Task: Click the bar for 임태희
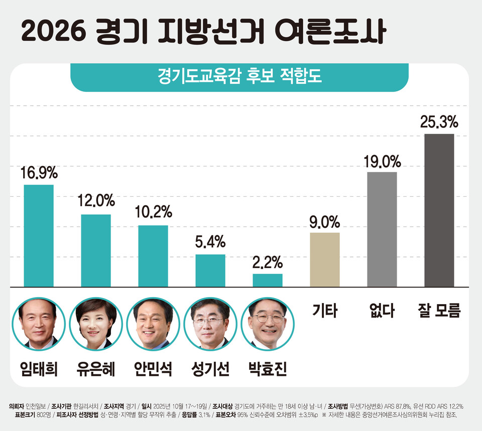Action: click(x=39, y=235)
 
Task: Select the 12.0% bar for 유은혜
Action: click(x=96, y=250)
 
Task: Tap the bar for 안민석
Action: click(x=153, y=256)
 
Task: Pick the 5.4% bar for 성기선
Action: click(x=210, y=270)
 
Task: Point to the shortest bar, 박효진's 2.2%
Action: click(x=268, y=280)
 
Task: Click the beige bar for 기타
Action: click(x=325, y=259)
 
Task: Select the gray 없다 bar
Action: click(x=382, y=229)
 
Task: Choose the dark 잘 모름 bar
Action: click(x=439, y=210)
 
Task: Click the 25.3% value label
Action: click(x=439, y=122)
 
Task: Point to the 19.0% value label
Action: click(x=382, y=161)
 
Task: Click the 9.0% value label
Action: click(x=325, y=221)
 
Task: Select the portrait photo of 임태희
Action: click(x=39, y=324)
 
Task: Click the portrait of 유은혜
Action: click(x=96, y=324)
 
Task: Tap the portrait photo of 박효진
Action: click(x=268, y=324)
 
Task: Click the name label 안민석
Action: click(x=153, y=369)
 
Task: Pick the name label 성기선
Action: click(x=210, y=369)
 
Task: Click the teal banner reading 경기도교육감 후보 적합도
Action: click(x=239, y=78)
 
